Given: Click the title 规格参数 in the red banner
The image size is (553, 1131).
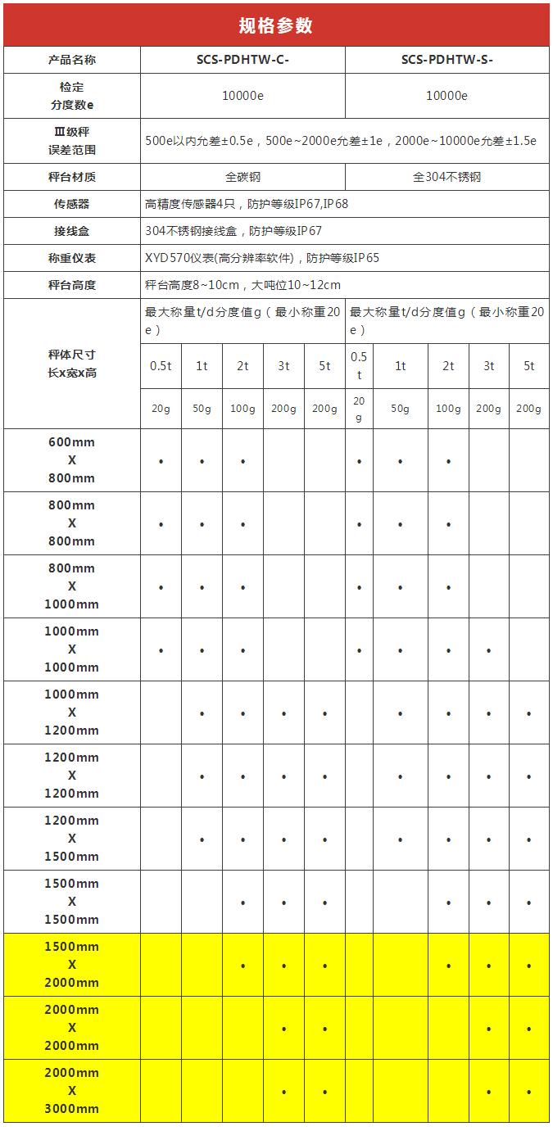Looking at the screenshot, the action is [x=276, y=25].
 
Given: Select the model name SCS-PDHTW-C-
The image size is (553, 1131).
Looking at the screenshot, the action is [x=243, y=61].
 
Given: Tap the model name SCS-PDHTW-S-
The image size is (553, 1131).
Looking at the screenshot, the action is [x=446, y=61].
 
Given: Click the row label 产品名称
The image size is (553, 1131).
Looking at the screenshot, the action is [x=72, y=61].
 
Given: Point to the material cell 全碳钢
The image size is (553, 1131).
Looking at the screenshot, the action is [x=243, y=177].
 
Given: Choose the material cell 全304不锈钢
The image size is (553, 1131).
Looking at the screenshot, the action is [x=446, y=177].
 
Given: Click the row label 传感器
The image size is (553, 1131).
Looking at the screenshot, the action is [x=72, y=204].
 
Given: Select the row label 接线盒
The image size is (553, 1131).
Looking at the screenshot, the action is [x=72, y=231].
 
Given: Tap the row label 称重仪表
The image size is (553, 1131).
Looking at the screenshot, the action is [x=72, y=258].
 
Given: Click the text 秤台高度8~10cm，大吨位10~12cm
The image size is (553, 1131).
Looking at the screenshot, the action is [x=243, y=285].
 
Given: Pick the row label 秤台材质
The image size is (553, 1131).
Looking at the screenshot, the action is [x=72, y=177].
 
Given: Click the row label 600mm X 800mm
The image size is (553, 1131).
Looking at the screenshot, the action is [x=72, y=460].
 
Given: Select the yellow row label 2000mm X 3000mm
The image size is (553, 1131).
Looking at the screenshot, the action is [x=72, y=1091].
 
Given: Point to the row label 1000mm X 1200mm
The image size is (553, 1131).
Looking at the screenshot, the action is [x=72, y=713].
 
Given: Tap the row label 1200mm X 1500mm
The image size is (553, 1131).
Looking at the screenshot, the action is [x=72, y=839].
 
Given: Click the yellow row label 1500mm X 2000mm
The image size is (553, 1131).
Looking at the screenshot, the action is [x=72, y=965].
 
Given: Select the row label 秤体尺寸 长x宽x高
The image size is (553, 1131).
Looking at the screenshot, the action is [x=72, y=364].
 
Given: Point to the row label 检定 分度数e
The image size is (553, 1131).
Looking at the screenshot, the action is [x=72, y=96].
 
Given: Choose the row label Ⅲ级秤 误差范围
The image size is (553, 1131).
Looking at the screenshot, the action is [x=72, y=141].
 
